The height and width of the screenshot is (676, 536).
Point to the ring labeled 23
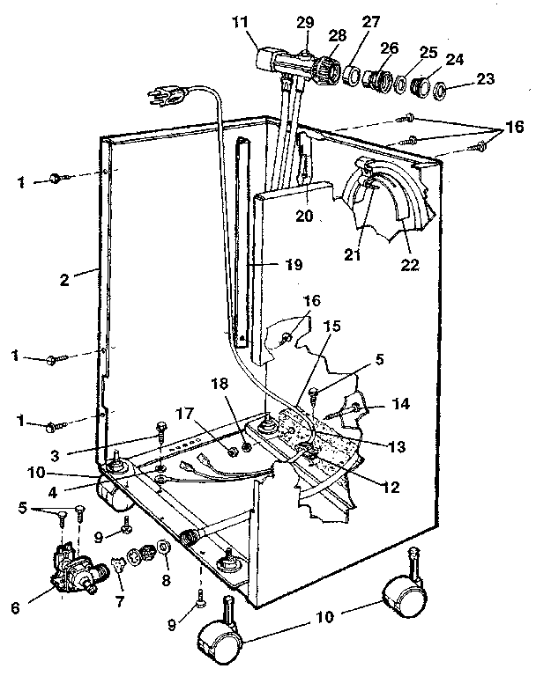445,91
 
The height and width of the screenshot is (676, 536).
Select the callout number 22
409,263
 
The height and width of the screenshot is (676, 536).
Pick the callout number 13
396,446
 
